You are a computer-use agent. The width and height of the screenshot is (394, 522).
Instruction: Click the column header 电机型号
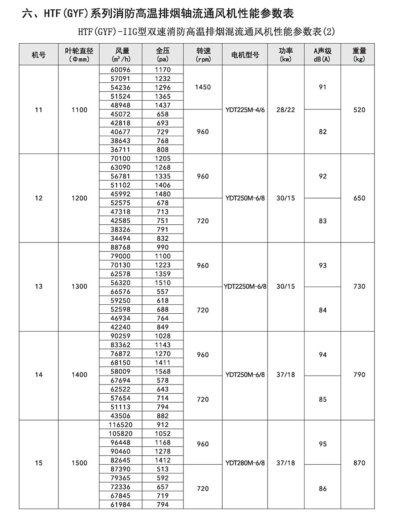(x=245, y=55)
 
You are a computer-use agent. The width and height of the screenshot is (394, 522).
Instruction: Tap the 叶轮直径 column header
(x=79, y=55)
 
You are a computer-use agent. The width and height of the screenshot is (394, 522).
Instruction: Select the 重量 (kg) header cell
(x=359, y=55)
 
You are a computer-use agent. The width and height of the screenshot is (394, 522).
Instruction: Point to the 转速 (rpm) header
(x=203, y=55)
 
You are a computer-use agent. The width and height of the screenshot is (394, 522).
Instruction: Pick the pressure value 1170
(x=162, y=70)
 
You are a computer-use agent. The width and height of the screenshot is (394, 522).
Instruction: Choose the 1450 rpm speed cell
(x=203, y=87)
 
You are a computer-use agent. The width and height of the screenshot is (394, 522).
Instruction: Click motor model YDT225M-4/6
(x=245, y=109)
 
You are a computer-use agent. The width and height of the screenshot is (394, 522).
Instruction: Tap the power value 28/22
(x=285, y=109)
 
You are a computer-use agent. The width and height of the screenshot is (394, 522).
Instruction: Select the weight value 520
(x=359, y=109)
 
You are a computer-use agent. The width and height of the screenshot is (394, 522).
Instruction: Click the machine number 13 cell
(x=39, y=286)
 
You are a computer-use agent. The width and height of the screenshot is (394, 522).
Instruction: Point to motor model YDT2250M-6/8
(x=245, y=286)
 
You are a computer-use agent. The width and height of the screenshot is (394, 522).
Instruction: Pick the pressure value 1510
(x=162, y=283)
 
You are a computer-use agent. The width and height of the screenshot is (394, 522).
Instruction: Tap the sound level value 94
(x=323, y=355)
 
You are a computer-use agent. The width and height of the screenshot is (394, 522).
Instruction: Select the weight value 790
(x=359, y=375)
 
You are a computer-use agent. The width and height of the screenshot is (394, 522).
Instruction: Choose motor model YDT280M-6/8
(x=245, y=463)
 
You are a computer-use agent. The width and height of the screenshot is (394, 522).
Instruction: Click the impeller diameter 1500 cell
(x=79, y=463)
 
